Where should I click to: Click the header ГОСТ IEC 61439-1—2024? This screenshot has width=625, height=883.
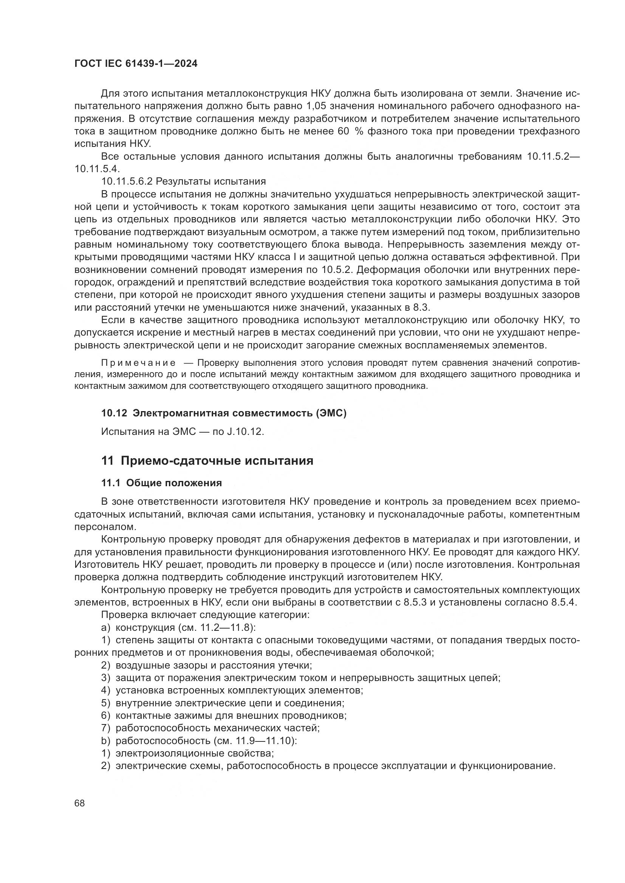click(x=136, y=64)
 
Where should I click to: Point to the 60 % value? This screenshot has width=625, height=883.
click(x=351, y=131)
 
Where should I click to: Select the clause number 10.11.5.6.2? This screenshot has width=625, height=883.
click(x=127, y=181)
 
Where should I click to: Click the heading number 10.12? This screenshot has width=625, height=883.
click(x=114, y=413)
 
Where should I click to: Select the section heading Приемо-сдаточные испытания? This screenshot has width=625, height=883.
click(x=217, y=461)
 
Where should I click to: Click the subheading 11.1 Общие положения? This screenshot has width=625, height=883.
click(x=162, y=483)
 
